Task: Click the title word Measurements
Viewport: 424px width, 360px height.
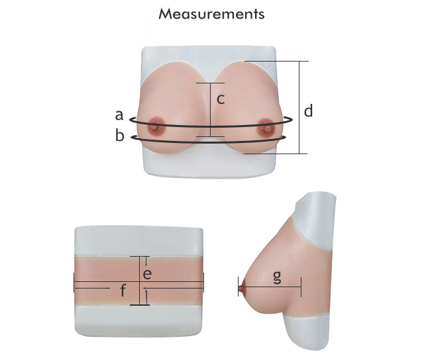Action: pos(211,14)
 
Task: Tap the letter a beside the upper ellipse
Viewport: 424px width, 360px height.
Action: pos(119,115)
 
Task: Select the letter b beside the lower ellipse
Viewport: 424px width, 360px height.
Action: pos(120,135)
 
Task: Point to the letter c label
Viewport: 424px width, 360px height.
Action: pos(221,99)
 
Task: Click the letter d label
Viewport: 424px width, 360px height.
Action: pos(308,111)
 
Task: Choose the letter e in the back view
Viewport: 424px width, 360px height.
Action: pos(147,274)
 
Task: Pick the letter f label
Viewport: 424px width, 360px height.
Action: pos(123,291)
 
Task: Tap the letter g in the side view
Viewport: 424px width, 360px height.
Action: pos(277,277)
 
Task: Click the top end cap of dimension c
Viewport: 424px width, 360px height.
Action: pos(210,83)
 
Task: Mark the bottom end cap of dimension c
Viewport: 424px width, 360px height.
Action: pos(210,136)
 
